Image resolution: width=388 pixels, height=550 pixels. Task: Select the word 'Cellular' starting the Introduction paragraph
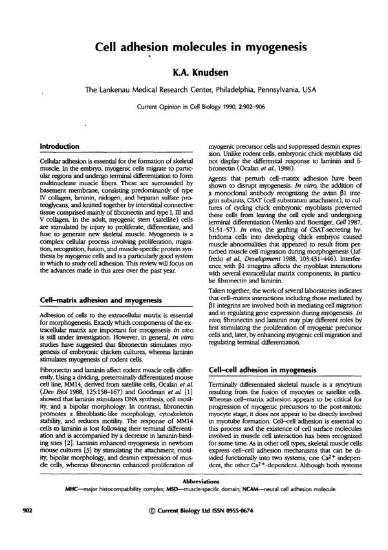point(53,159)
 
